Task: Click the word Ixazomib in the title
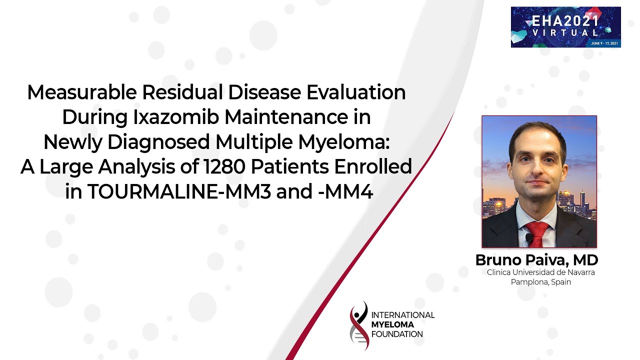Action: click(x=176, y=117)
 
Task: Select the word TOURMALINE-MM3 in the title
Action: click(x=179, y=191)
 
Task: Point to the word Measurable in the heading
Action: click(x=82, y=92)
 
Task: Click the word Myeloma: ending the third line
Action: click(x=344, y=142)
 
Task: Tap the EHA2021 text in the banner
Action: click(x=565, y=21)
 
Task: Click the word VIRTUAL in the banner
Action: click(x=565, y=32)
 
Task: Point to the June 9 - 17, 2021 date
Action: click(x=604, y=43)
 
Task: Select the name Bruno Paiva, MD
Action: click(x=537, y=260)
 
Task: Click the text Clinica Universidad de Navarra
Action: click(x=541, y=272)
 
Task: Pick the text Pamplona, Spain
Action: click(x=541, y=282)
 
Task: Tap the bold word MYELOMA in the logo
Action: click(x=392, y=324)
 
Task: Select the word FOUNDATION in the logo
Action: click(x=397, y=334)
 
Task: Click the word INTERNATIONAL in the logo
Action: click(x=403, y=315)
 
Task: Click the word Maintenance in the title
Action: click(x=286, y=117)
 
